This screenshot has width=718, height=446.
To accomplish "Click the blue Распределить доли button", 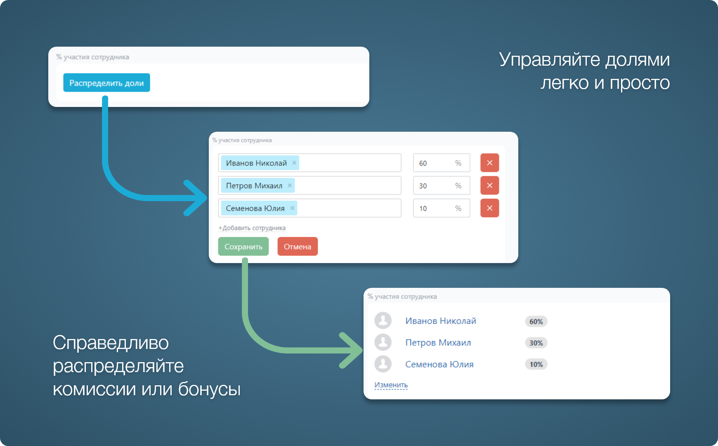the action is point(106,83).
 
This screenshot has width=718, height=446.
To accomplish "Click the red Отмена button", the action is point(298,247).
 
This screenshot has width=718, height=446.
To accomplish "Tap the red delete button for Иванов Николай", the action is point(489,163).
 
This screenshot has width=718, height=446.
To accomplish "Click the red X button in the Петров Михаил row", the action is point(489,185).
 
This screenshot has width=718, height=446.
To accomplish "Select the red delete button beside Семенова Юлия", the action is point(489,208).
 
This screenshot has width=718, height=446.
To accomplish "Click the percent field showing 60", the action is point(442,163).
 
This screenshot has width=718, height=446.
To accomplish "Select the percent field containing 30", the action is point(442,185).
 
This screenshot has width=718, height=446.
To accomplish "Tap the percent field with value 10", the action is point(442,208).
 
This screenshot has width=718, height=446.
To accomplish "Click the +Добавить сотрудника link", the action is point(252,228).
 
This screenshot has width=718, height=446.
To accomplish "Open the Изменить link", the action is point(391,385).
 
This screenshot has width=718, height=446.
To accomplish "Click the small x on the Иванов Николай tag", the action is point(294,163).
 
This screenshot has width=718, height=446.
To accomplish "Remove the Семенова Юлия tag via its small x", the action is point(292,208).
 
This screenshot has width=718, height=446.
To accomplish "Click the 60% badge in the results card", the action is point(536,321).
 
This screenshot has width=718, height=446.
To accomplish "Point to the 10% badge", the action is point(536,364).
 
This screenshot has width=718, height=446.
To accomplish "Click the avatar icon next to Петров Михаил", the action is point(383,342).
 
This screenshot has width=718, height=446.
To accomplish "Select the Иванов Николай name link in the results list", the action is point(441,321).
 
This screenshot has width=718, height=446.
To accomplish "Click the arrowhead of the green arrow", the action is point(355,350).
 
